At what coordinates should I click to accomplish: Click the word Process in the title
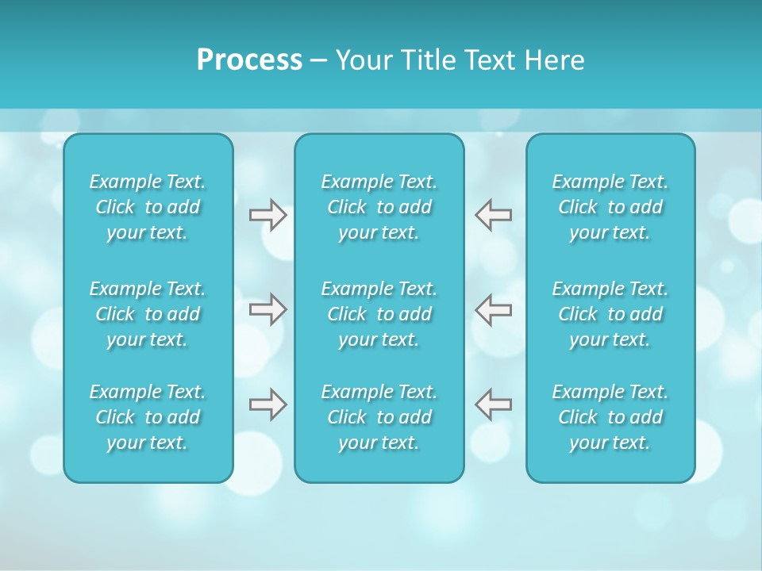[x=249, y=60]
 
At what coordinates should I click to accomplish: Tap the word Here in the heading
[x=552, y=60]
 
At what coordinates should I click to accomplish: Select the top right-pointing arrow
[x=268, y=215]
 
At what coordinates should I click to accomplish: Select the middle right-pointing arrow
[x=268, y=309]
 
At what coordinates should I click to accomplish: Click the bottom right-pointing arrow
[x=268, y=404]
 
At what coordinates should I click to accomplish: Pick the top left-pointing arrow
[x=493, y=215]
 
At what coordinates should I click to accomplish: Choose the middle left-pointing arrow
[x=493, y=309]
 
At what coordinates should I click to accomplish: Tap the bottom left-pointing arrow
[x=493, y=404]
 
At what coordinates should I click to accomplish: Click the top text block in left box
[x=148, y=207]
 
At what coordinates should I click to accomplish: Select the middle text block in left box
[x=148, y=314]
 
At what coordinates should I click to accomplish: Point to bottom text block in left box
[x=148, y=417]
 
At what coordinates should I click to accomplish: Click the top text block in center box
[x=379, y=207]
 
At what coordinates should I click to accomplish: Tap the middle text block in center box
[x=379, y=314]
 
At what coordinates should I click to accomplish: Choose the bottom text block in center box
[x=379, y=417]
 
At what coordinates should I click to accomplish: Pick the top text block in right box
[x=610, y=207]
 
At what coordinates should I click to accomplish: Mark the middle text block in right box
[x=610, y=314]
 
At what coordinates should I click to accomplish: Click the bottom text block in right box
[x=610, y=417]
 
